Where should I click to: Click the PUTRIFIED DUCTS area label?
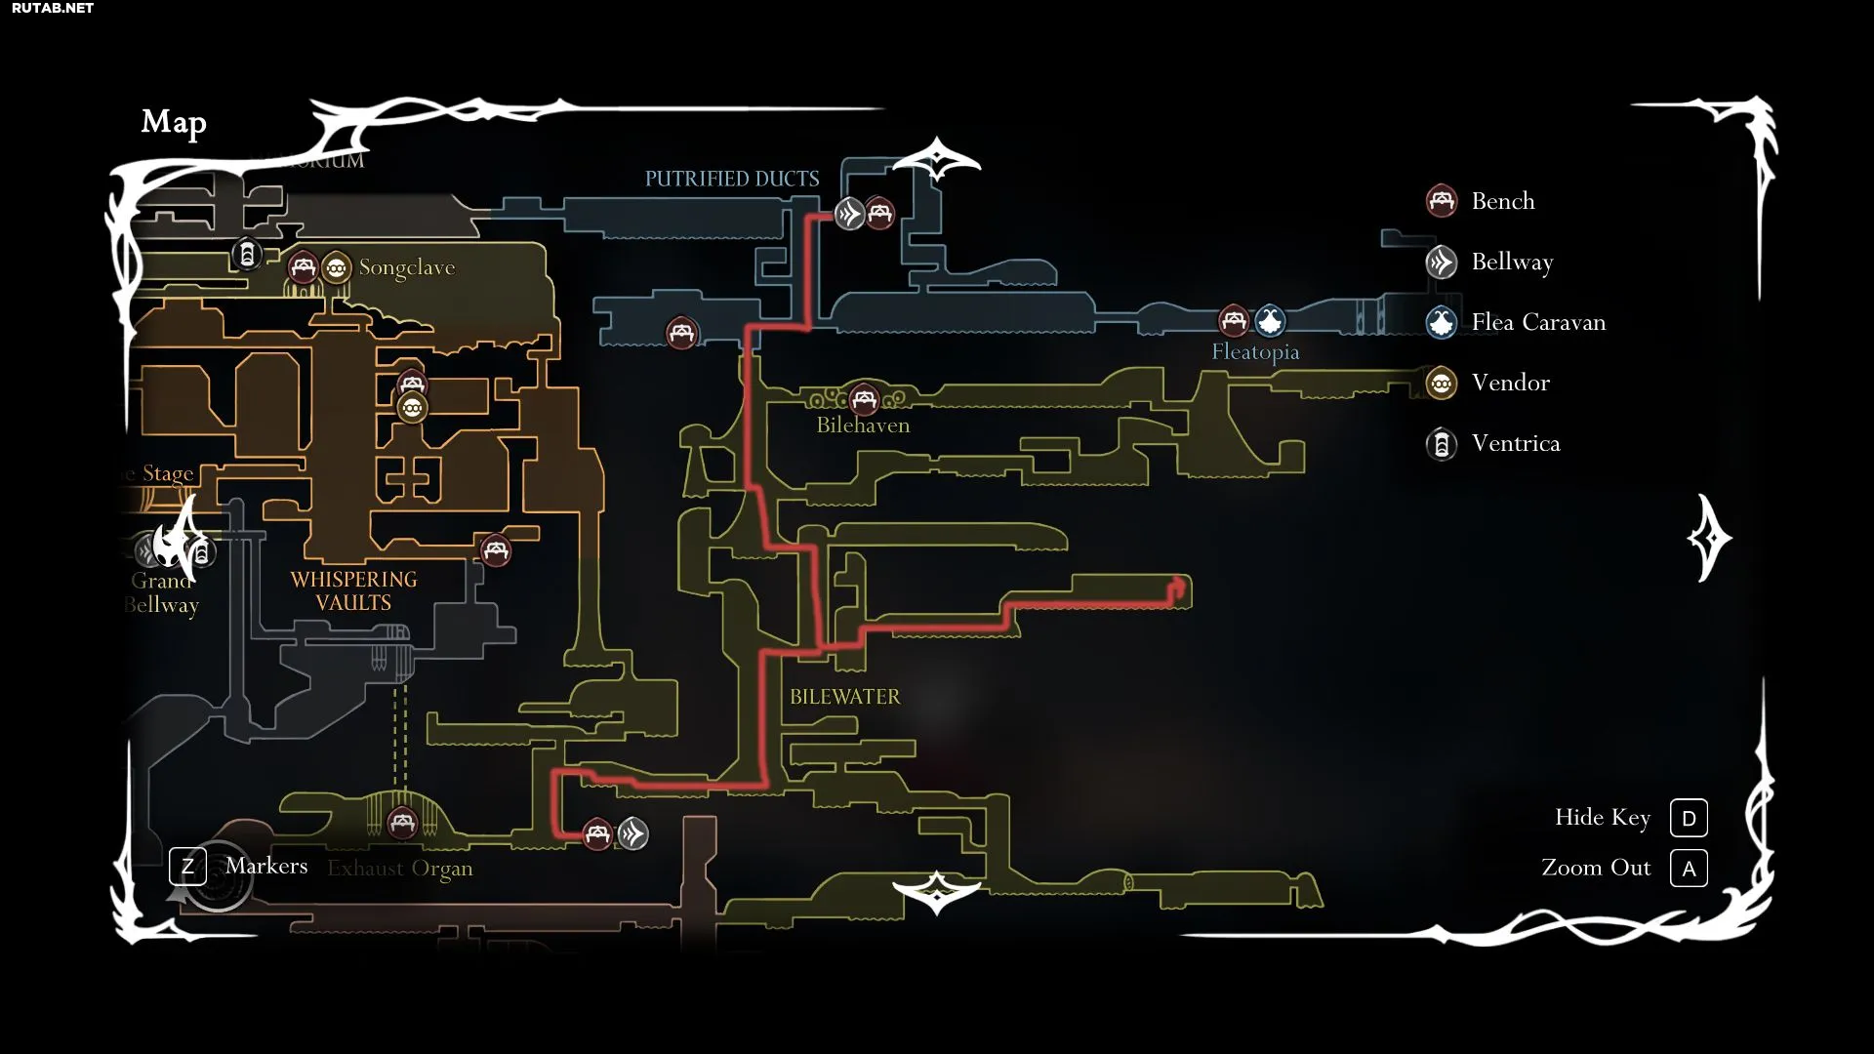point(732,179)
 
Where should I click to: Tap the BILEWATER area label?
point(845,697)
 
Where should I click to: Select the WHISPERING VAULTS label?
point(353,591)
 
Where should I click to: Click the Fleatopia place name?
point(1255,351)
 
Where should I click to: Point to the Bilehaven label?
point(863,426)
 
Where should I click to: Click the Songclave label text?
point(407,267)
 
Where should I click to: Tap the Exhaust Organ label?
point(400,868)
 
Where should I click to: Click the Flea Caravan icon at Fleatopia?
point(1270,320)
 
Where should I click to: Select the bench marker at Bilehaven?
point(864,399)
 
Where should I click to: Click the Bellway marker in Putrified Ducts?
point(849,213)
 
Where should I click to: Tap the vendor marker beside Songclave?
point(336,267)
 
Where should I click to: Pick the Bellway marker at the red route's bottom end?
point(632,833)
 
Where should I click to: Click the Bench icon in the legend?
point(1442,201)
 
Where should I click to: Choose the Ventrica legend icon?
point(1442,444)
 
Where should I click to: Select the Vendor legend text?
point(1510,383)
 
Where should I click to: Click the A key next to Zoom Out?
point(1689,869)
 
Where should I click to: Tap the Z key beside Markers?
point(187,866)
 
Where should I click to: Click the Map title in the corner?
point(174,122)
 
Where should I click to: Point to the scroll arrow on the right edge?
point(1709,538)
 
